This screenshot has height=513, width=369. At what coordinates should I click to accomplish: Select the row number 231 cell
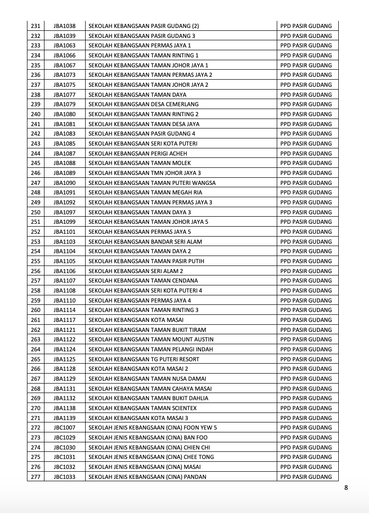tap(35, 26)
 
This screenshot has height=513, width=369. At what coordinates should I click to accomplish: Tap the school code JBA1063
tap(64, 46)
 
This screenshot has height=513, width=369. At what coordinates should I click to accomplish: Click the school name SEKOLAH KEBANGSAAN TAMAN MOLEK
tap(140, 163)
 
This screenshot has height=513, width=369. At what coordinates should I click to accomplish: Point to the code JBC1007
tap(64, 428)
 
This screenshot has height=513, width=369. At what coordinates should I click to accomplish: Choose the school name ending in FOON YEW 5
tap(153, 428)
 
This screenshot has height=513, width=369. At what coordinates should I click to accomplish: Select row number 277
tap(35, 477)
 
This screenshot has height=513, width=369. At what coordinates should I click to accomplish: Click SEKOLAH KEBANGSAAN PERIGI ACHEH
tap(138, 153)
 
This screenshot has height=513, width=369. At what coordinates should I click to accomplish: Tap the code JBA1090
tap(64, 183)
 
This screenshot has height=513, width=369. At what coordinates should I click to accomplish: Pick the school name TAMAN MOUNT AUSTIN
tap(151, 339)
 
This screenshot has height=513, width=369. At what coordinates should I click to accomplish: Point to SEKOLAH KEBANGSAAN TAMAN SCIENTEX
tap(142, 408)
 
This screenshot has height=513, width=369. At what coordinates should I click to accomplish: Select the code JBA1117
tap(64, 320)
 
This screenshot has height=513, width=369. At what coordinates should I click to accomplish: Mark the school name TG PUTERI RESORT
tap(144, 359)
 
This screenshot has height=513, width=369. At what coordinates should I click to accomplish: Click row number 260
tap(35, 310)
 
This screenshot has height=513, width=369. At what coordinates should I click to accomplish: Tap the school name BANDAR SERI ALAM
tap(145, 241)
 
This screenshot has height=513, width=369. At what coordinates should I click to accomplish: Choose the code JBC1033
tap(64, 477)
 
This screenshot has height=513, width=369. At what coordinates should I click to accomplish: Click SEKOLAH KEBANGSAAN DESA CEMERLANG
tap(143, 104)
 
